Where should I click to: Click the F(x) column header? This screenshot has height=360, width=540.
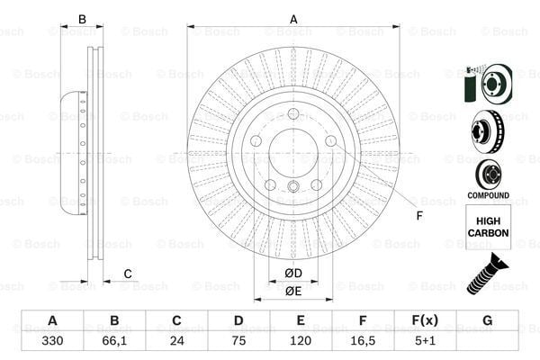[425, 321]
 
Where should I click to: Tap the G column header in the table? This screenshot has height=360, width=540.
[487, 321]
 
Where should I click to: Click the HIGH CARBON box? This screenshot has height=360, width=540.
[487, 225]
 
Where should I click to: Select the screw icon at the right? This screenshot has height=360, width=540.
[486, 274]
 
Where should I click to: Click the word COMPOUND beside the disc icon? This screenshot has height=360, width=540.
[487, 195]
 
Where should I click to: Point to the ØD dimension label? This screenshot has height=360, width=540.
[293, 273]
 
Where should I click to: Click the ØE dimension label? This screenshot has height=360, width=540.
[293, 291]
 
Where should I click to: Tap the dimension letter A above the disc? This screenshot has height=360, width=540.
[293, 19]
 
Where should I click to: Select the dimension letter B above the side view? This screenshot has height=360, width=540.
[82, 19]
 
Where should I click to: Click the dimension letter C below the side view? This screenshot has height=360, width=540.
[128, 274]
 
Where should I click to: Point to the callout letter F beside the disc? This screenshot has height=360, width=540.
[418, 215]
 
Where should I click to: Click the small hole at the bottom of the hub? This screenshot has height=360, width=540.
[293, 187]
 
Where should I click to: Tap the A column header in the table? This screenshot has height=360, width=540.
[52, 321]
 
